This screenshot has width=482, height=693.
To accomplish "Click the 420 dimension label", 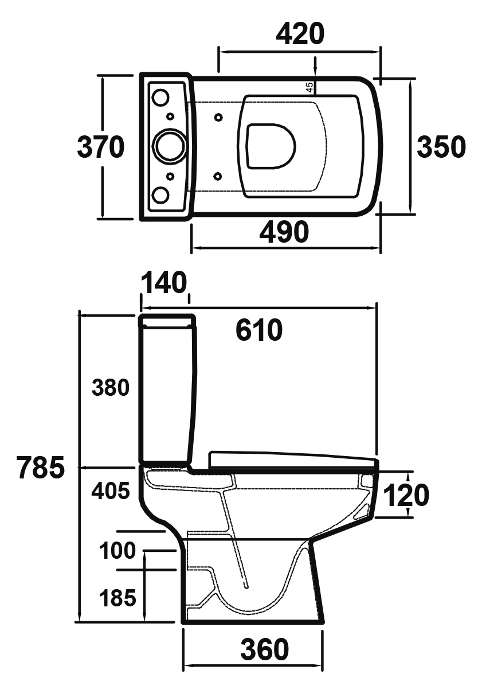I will coord(300,34).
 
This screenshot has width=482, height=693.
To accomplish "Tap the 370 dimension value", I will coord(101,147).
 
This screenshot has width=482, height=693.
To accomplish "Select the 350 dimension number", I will coord(441,147).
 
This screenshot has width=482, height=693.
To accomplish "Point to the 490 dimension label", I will coord(284,232).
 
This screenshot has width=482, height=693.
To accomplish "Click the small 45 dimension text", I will coord(309,87).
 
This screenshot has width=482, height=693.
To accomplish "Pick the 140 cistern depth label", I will coord(164,283).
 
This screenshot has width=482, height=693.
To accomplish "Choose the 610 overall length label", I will coord(260,330).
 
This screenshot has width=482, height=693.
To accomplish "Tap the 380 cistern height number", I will coord(111,388).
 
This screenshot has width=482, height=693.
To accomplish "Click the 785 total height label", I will coord(40,468).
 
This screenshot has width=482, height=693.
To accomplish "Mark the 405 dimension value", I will coord(111,491).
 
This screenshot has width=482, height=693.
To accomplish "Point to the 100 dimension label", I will coord(117,551).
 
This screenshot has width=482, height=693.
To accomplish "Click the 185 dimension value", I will coord(117,598).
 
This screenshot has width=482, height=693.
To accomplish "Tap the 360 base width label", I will coord(264,650).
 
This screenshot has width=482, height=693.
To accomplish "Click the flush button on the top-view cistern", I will coord(170,146).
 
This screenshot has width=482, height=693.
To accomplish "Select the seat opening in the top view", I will coord(271,146).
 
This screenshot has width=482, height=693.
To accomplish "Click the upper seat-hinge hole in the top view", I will coord(218,118).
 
